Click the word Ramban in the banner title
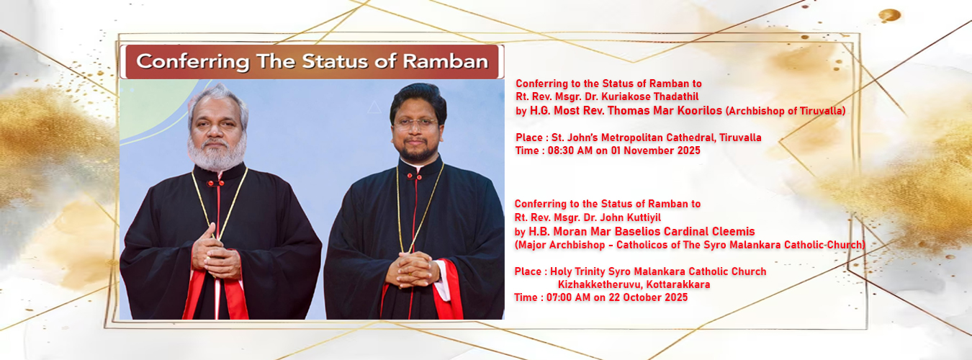(446, 61)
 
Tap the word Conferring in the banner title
(193, 62)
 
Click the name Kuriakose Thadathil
(650, 96)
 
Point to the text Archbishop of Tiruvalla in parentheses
(786, 111)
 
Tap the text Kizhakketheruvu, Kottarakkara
(634, 285)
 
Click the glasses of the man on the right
(415, 124)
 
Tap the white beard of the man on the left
(217, 153)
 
